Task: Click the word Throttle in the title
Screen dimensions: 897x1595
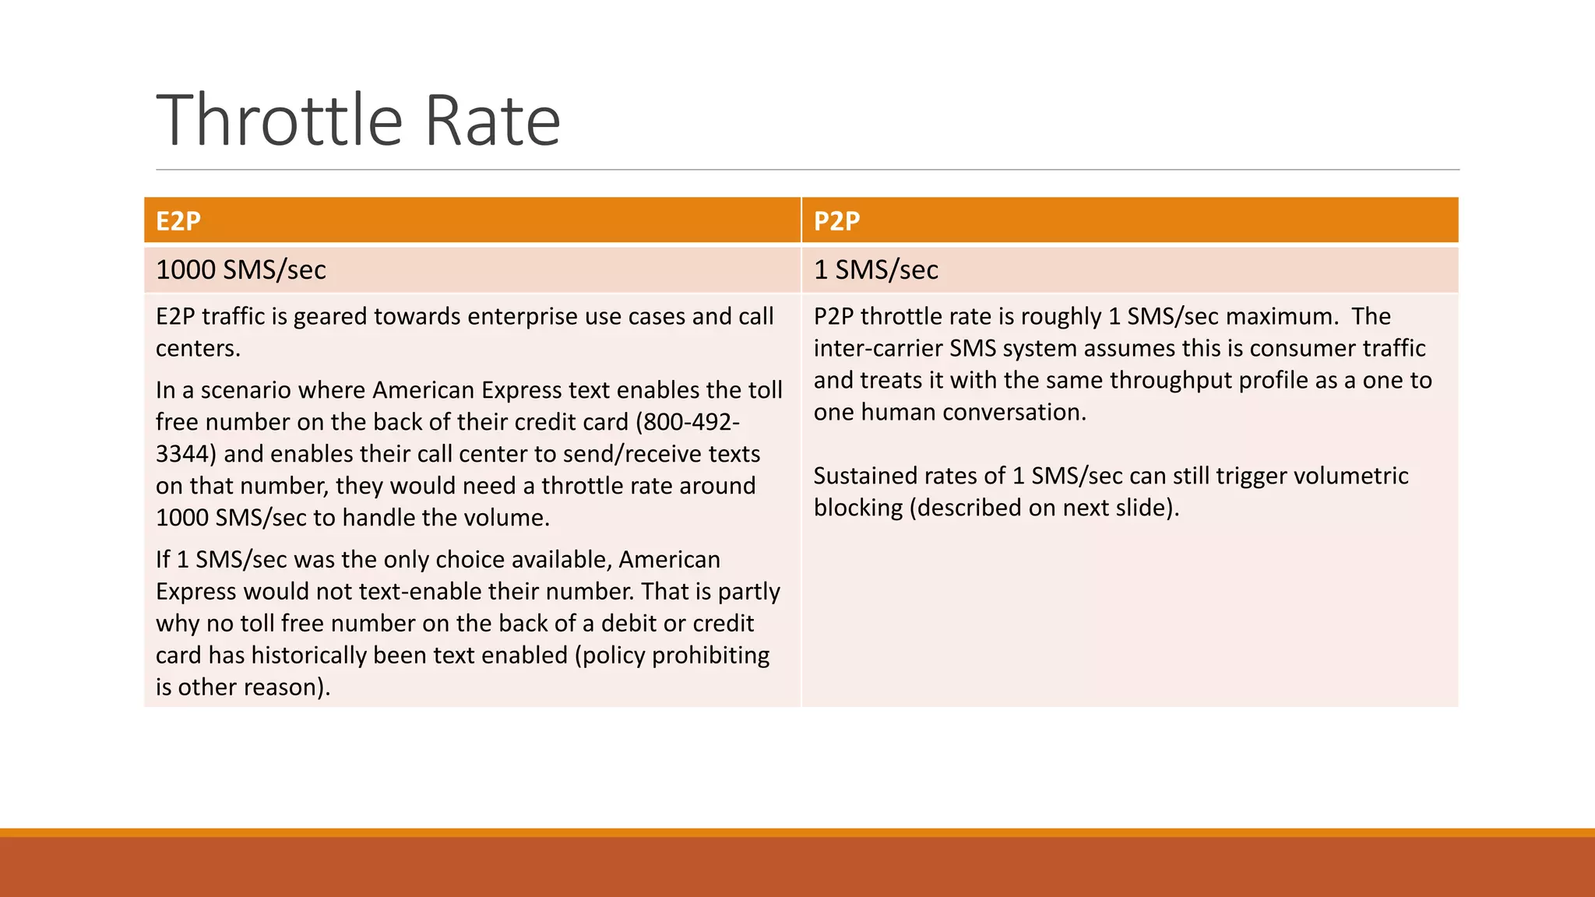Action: (280, 121)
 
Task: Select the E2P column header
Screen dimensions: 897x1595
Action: (178, 221)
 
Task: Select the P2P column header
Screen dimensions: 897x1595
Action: (836, 221)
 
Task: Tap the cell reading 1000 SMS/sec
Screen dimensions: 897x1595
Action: (241, 269)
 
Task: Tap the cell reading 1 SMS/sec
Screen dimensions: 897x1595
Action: (875, 269)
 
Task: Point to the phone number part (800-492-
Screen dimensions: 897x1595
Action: (688, 421)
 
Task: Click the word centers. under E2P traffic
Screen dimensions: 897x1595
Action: (198, 348)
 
